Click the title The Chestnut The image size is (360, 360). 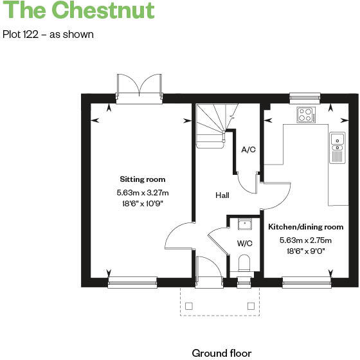(x=79, y=11)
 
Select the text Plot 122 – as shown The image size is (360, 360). (x=48, y=34)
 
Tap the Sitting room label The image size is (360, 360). (x=142, y=179)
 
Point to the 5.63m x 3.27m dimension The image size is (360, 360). (x=142, y=192)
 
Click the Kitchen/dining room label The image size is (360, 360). (x=305, y=227)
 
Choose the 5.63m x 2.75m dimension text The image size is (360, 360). (x=305, y=240)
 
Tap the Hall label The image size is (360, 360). (x=222, y=195)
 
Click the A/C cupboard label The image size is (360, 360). (x=248, y=150)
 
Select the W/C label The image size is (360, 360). (x=244, y=243)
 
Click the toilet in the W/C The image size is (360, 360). (x=244, y=264)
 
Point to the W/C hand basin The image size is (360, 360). (x=244, y=224)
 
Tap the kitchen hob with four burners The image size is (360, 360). (x=306, y=115)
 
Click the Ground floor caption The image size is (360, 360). (x=221, y=353)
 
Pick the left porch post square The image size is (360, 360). (x=188, y=306)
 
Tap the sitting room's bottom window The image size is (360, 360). (x=132, y=281)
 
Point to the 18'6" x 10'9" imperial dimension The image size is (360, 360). (x=142, y=203)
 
